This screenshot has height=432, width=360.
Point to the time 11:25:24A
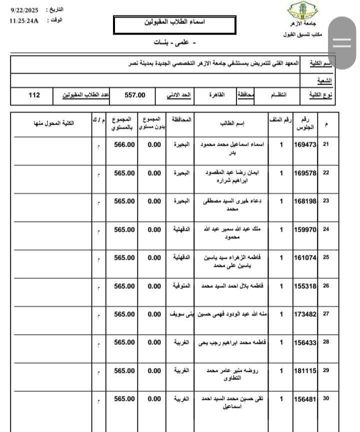[24, 21]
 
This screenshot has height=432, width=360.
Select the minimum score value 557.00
[134, 95]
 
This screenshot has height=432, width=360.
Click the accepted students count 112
[34, 95]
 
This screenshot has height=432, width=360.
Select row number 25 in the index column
[326, 258]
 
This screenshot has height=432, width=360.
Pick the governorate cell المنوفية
[180, 286]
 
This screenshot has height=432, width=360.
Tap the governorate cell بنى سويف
[180, 314]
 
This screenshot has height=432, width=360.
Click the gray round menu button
[342, 43]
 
